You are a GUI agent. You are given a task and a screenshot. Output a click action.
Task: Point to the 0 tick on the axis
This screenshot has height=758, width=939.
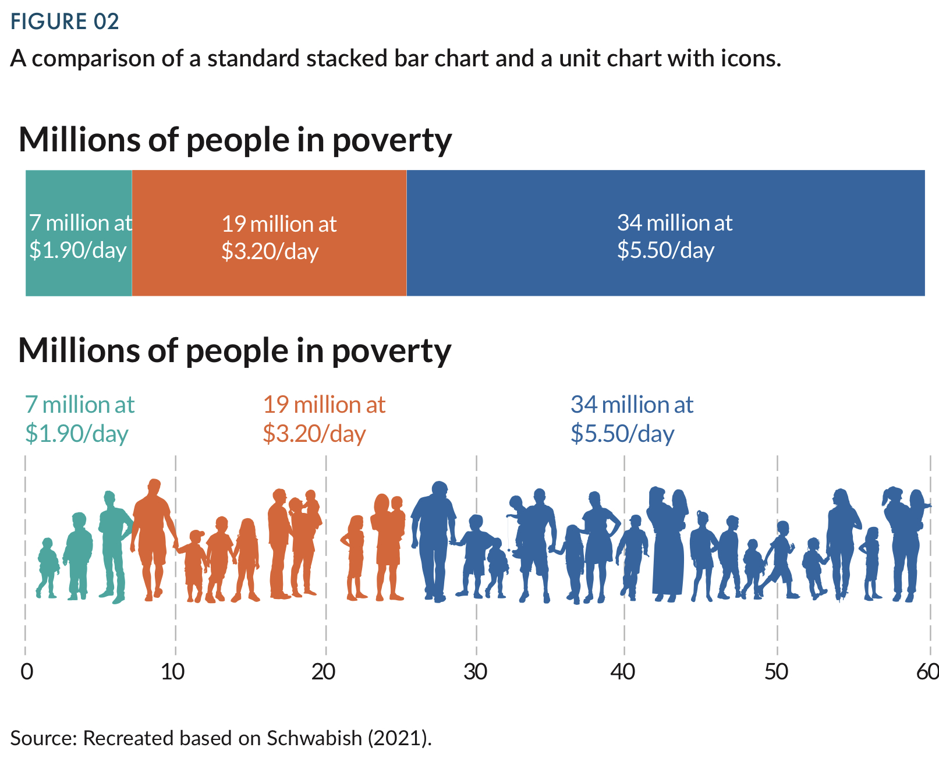27,672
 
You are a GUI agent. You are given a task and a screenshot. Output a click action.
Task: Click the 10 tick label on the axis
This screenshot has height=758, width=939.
173,672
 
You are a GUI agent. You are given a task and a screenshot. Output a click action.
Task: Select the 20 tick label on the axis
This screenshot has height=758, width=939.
323,672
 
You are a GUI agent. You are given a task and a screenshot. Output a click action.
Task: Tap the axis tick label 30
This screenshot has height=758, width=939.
475,672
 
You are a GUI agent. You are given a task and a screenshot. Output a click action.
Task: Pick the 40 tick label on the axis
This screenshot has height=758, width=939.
622,672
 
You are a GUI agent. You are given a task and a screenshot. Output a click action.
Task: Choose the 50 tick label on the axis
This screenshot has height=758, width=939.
776,672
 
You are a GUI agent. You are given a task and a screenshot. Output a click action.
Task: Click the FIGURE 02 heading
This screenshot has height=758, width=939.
65,22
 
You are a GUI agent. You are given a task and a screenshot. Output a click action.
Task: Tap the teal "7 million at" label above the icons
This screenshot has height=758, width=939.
80,405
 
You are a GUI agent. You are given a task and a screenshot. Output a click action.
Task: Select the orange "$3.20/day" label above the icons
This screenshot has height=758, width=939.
314,434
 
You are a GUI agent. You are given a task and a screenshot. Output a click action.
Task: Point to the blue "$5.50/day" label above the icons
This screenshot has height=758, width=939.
622,434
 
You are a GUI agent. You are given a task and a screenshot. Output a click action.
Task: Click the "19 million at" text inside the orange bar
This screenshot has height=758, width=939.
279,224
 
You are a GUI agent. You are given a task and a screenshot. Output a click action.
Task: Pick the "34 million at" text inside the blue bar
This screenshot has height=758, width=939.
675,223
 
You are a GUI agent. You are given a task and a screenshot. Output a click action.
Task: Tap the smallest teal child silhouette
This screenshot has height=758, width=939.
47,568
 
